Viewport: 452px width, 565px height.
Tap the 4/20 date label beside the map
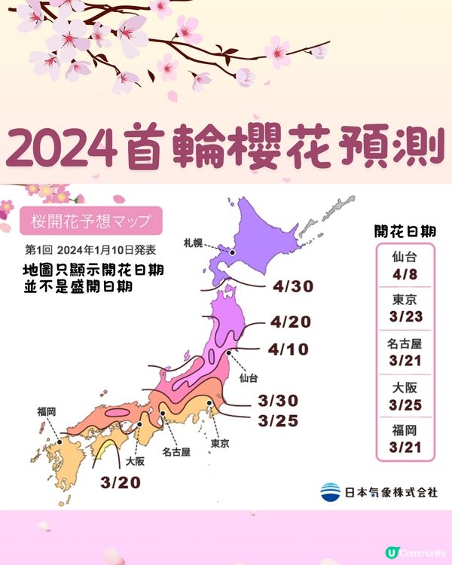(x=289, y=322)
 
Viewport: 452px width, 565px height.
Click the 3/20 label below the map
(x=121, y=481)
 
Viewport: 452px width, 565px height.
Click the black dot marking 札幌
(x=233, y=253)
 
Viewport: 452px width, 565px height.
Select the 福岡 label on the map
(x=46, y=413)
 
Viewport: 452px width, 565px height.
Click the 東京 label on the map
(x=221, y=443)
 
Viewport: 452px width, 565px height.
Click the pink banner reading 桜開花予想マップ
(x=91, y=222)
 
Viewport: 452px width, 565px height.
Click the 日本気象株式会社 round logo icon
(x=329, y=492)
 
